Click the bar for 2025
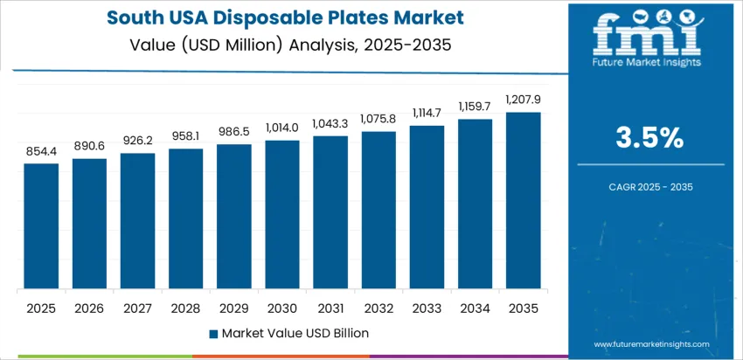point(41,226)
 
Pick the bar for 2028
point(186,219)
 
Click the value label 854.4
point(41,151)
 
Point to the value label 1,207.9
point(523,100)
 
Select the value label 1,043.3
point(330,123)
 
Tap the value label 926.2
point(138,141)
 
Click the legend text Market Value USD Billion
point(295,332)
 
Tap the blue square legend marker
point(214,333)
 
